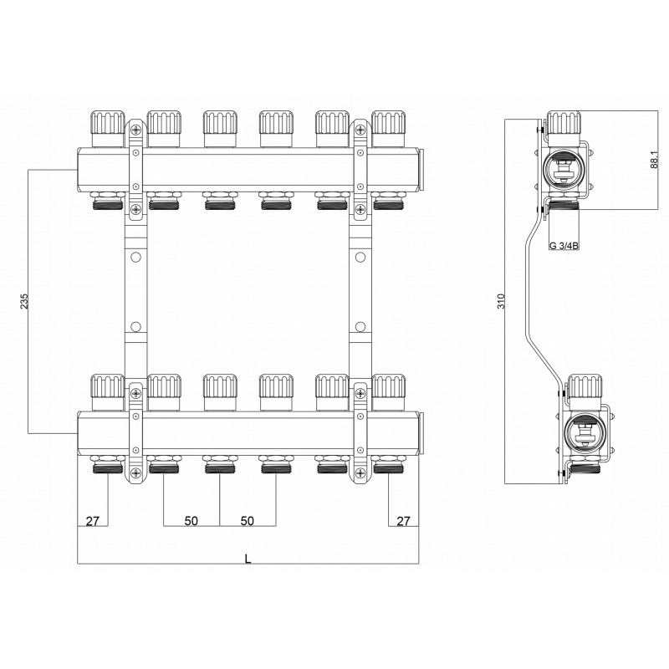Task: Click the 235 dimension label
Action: (x=24, y=301)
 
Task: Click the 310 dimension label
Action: (x=501, y=301)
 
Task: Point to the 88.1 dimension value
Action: (x=654, y=160)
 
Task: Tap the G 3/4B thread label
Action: (x=564, y=246)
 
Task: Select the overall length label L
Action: (x=248, y=559)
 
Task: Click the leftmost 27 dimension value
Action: (x=92, y=521)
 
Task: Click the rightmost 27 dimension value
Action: (x=403, y=521)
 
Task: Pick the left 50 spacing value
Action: (x=192, y=521)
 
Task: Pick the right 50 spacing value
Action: (x=247, y=521)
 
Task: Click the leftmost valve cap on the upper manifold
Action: (x=108, y=129)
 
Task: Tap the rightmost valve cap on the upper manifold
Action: (x=388, y=129)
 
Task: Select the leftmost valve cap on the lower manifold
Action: (x=108, y=392)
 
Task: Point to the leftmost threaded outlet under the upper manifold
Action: (x=108, y=202)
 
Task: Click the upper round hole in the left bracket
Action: (x=135, y=258)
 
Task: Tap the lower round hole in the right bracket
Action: (x=360, y=327)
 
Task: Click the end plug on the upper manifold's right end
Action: (x=421, y=169)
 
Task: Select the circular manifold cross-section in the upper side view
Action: (x=563, y=169)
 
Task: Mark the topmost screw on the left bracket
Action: (x=135, y=130)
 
